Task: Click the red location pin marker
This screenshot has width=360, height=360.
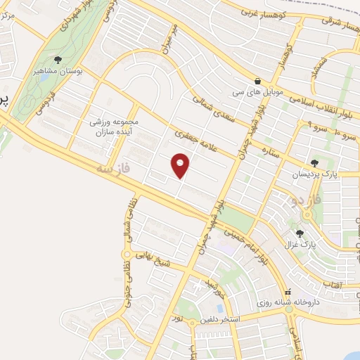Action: click(181, 165)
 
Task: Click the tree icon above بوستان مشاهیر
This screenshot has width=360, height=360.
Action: click(58, 60)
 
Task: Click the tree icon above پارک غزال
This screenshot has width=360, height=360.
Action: click(300, 233)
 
